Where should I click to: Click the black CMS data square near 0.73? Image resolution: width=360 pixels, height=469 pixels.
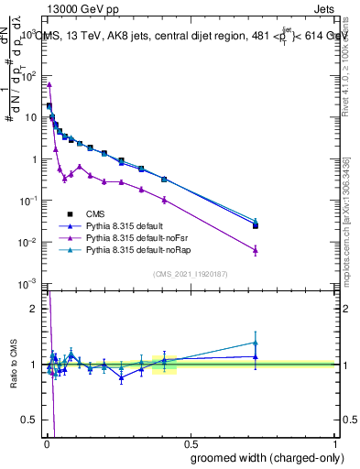click(x=256, y=225)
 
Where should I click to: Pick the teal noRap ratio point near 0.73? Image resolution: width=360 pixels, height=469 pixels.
click(x=256, y=343)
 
